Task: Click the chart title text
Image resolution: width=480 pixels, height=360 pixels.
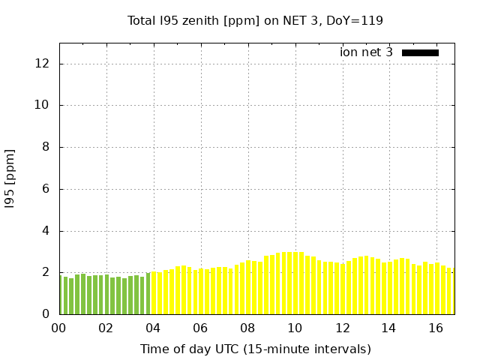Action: pos(255,21)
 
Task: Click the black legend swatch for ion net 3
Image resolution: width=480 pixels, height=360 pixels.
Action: pos(420,52)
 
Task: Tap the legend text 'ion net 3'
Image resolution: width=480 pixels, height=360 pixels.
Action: pos(366,52)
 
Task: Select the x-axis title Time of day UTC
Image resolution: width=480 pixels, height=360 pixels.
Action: pos(255,349)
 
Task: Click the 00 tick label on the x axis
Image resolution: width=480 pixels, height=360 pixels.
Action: pos(58,328)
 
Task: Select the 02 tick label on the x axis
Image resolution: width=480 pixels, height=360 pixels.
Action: pos(106,328)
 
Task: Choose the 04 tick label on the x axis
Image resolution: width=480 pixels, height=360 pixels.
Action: pos(153,328)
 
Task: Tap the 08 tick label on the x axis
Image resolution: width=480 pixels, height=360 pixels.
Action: pos(247,328)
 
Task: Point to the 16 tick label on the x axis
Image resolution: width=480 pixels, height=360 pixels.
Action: pos(436,328)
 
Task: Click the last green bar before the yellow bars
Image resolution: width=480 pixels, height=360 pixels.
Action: pos(148,294)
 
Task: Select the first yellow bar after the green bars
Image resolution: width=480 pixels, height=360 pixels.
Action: pos(154,293)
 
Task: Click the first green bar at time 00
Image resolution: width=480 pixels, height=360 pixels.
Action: pos(60,295)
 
